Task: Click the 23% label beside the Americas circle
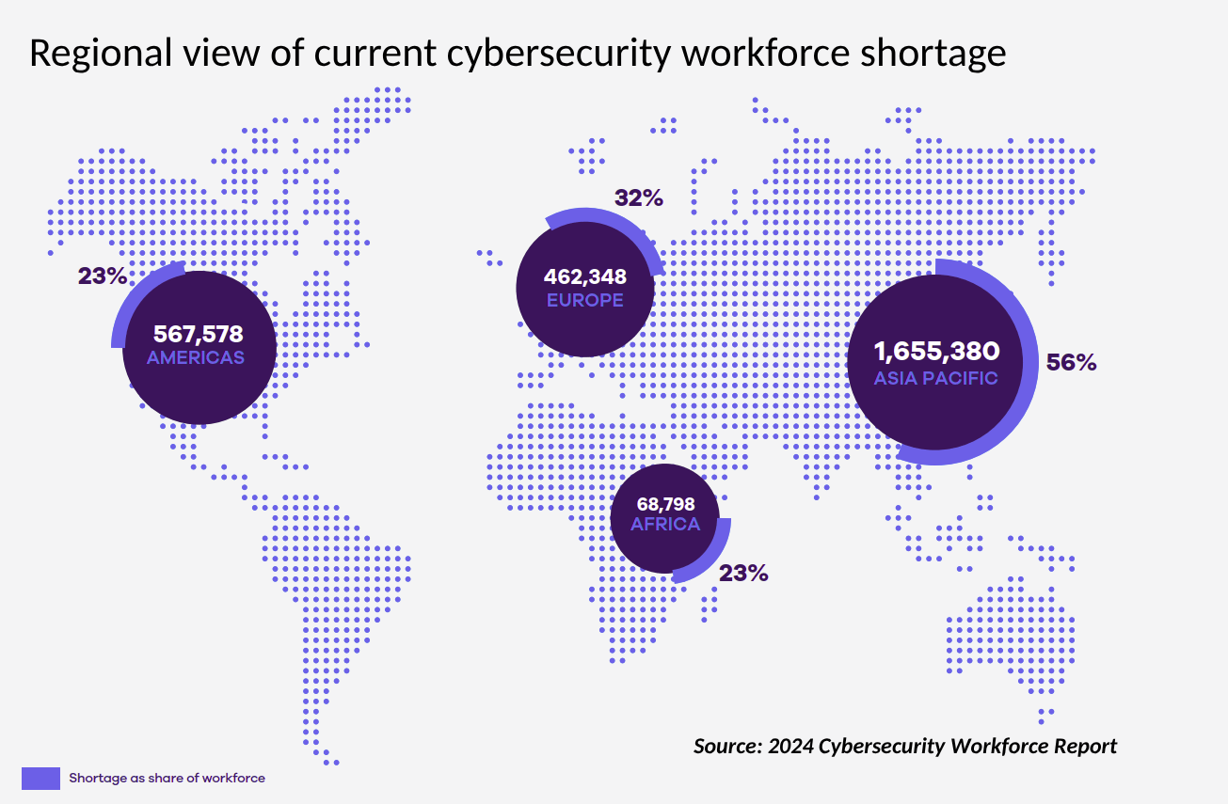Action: (102, 276)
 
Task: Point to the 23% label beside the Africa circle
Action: (743, 573)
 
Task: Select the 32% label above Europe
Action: (639, 198)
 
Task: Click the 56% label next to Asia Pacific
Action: (1072, 363)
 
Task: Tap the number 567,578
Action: (198, 334)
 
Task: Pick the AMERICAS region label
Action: (196, 358)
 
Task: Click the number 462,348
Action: (585, 276)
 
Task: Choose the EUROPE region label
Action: (584, 301)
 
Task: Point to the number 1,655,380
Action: (936, 352)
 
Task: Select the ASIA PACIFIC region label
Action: (936, 379)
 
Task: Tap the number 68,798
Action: (665, 504)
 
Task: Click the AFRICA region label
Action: (665, 525)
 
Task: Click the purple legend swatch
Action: (40, 778)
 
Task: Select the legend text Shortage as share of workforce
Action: (167, 778)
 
